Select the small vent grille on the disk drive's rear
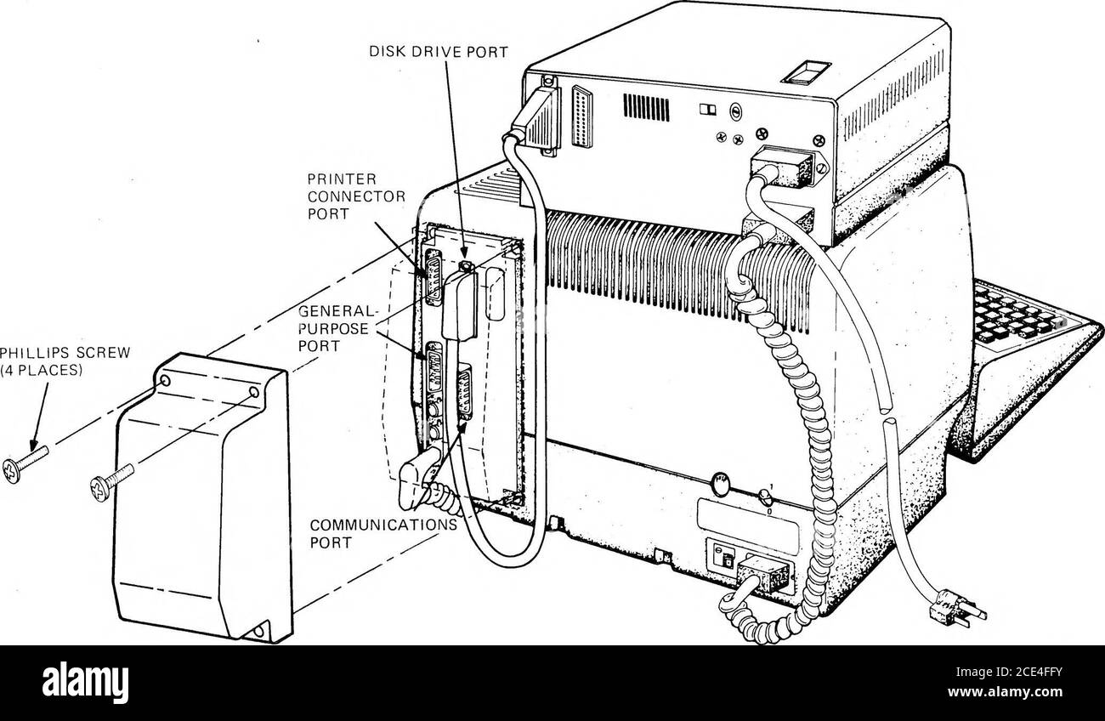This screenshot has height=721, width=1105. click(647, 108)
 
